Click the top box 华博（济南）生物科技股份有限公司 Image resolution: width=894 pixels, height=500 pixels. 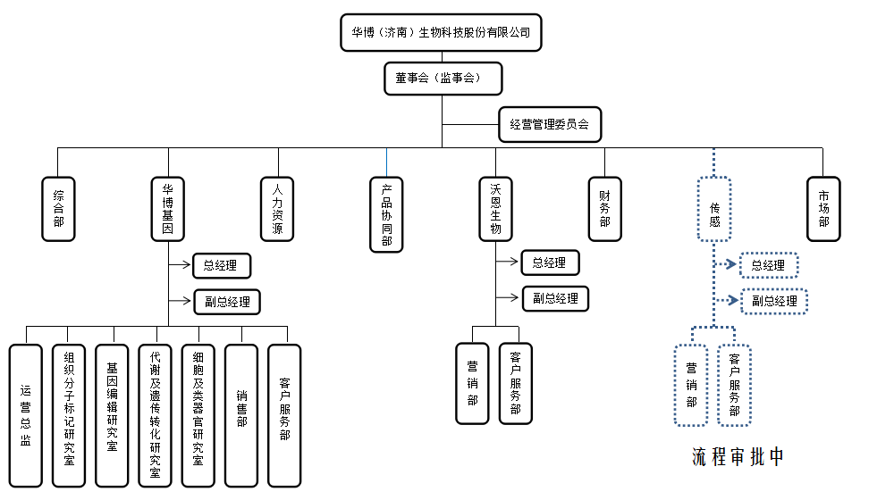coord(441,32)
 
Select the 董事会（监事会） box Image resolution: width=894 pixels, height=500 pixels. coord(443,78)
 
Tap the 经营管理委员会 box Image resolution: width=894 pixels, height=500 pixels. coord(549,124)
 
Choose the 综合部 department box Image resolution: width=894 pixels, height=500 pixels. coord(58,209)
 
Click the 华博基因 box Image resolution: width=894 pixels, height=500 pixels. coord(168,209)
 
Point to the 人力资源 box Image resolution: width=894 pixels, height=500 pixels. coord(277,209)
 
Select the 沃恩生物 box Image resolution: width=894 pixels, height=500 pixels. coord(495,209)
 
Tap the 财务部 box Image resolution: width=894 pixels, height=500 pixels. coord(604,209)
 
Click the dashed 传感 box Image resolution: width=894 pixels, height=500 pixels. coord(714,209)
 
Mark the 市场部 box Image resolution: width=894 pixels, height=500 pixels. coord(823,209)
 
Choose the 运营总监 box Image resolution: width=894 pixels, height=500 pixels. coord(26,415)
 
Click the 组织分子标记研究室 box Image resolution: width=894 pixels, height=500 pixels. coord(69,415)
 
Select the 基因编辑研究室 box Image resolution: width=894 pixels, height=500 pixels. coord(112,415)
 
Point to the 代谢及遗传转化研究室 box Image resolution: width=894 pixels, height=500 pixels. coord(156,415)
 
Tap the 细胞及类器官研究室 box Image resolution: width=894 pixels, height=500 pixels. coord(198,415)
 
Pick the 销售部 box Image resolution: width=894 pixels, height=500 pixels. coord(241,415)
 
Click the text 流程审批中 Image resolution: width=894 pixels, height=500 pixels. coord(738,456)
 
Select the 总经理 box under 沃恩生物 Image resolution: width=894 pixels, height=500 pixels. coord(549,262)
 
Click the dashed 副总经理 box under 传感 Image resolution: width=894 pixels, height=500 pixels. coord(774,301)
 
